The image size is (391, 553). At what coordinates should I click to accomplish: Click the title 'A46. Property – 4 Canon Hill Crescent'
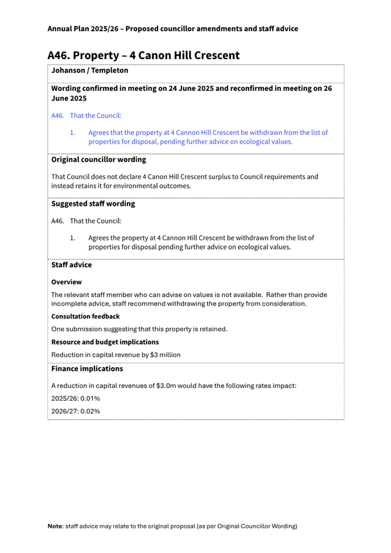coord(143,56)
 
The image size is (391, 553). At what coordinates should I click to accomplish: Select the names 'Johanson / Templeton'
coord(90,71)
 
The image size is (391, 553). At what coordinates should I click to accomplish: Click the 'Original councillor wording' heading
coord(98,159)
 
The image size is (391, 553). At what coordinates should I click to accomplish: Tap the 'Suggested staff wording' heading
coord(93,204)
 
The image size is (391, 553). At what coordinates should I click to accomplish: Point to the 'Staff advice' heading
coord(71,265)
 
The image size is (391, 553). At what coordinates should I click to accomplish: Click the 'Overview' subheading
coord(66,282)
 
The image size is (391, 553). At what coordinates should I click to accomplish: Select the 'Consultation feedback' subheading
coord(85,317)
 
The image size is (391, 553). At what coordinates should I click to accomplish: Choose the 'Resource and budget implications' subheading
coord(105,342)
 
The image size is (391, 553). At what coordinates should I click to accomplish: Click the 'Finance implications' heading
coord(87,368)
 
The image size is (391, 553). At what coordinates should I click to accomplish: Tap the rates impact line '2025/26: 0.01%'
coord(75,398)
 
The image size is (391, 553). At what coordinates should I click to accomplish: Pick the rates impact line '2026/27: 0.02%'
coord(75,411)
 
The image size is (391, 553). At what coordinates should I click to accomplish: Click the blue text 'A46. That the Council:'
coord(86,116)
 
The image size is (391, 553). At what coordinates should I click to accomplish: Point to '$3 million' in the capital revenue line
coord(165,355)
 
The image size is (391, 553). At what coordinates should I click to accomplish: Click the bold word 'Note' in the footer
coord(55,526)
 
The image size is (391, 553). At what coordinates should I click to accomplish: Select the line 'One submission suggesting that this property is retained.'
coord(139,329)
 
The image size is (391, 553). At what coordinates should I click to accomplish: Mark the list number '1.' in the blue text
coord(73,133)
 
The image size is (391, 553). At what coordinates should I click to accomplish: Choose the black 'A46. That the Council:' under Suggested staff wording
coord(86,221)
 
